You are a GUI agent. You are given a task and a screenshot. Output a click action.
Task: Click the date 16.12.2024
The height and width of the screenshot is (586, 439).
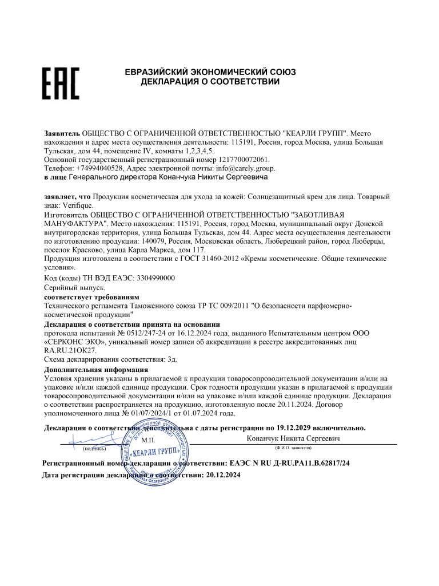[x=195, y=332]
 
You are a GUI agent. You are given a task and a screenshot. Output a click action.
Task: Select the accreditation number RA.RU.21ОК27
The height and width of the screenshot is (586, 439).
[x=70, y=350]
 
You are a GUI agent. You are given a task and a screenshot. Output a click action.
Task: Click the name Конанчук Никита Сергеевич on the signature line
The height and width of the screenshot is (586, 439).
[x=293, y=438]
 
